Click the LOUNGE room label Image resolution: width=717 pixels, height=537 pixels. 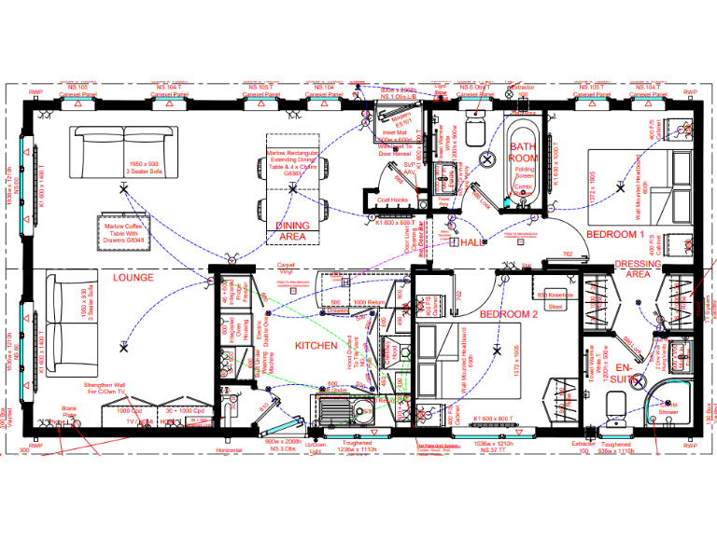(134, 278)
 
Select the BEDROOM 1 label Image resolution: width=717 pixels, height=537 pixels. (615, 234)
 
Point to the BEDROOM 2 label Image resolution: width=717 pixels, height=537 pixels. (510, 314)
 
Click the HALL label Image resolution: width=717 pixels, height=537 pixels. (471, 242)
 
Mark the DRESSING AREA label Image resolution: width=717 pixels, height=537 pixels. (638, 269)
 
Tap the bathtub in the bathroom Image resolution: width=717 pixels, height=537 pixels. (521, 160)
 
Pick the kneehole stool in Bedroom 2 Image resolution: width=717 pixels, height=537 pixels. (555, 299)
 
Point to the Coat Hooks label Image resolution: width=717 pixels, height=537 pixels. (392, 200)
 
